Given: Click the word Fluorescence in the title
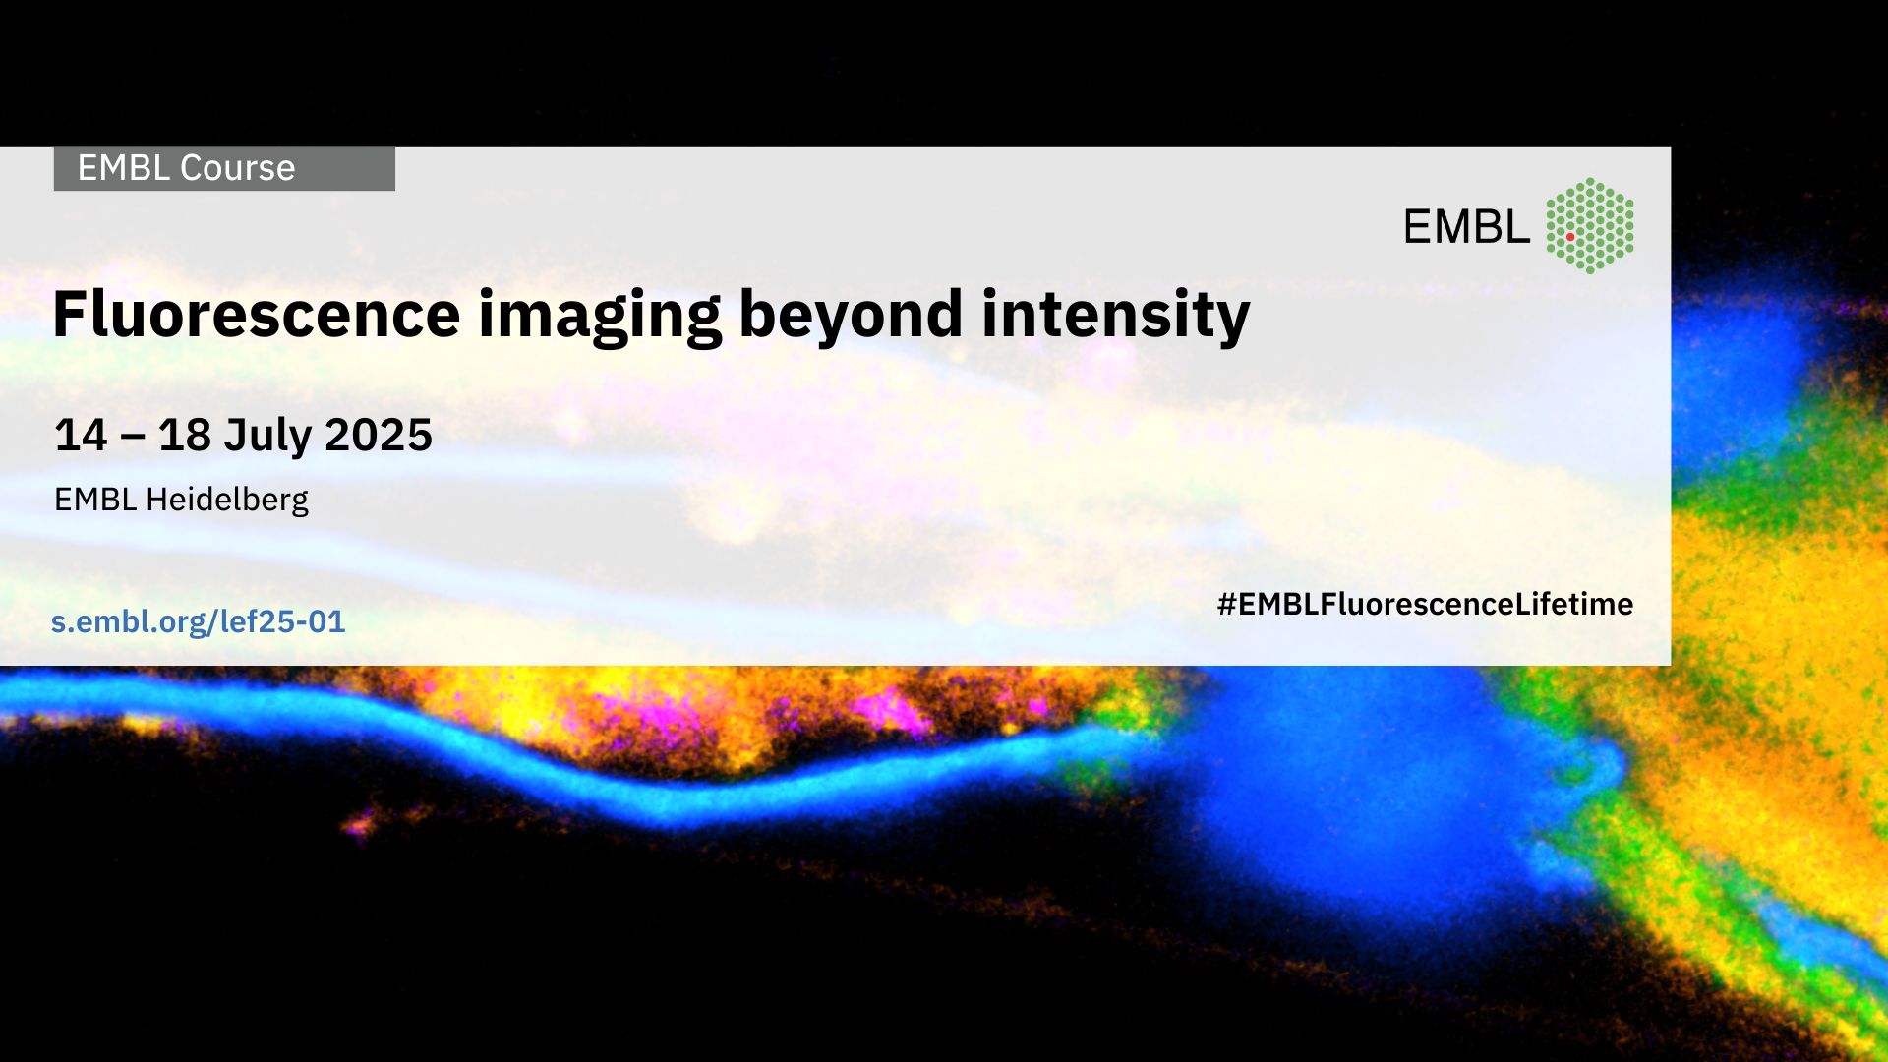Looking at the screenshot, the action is (257, 314).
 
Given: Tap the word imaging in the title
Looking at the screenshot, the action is (600, 318).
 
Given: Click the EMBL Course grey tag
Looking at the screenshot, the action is (224, 168).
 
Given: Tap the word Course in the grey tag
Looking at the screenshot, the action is (238, 168).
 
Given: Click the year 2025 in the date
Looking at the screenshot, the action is (379, 435).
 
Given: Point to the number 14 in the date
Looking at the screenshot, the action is (81, 435).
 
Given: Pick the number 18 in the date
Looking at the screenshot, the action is (184, 435).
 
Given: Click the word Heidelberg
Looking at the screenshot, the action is (227, 501).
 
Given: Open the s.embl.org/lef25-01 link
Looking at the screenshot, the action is (199, 621).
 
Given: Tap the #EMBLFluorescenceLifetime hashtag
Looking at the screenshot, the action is (1425, 604).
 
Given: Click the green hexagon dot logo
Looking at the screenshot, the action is (1590, 225).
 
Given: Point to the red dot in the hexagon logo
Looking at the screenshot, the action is (1570, 237).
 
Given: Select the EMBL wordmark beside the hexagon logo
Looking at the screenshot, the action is (1466, 227).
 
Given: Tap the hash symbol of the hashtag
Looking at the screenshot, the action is (1226, 604).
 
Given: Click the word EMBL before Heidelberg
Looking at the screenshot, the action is (95, 500).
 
